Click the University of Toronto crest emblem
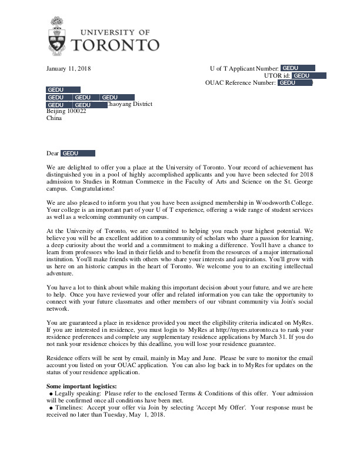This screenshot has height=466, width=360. point(58,35)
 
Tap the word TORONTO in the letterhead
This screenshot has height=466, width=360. point(115,45)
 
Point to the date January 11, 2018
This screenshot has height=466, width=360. point(68,69)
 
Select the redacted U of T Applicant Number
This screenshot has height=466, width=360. point(298,69)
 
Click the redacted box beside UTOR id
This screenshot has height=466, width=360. point(309,76)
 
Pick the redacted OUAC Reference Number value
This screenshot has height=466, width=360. point(295,83)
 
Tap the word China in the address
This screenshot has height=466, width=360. point(54,118)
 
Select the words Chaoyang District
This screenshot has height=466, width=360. point(130,104)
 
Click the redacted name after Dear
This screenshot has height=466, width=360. point(78,154)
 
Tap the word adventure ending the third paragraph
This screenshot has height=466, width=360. point(61,274)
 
